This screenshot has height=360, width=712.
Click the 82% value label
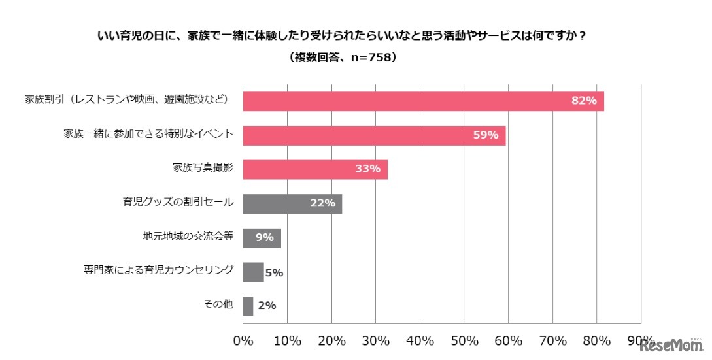[584, 101]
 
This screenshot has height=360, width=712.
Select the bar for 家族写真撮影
[315, 169]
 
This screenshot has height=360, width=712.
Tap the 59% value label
[486, 135]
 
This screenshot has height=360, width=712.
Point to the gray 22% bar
[292, 204]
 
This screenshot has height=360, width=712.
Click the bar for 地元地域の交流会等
[262, 238]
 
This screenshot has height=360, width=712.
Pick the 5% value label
[274, 272]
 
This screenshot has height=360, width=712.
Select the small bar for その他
[248, 306]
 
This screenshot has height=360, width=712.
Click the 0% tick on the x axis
[243, 341]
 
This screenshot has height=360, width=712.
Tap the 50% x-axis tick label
[464, 341]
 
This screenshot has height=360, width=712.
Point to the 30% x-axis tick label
[375, 341]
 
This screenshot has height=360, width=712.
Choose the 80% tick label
[596, 341]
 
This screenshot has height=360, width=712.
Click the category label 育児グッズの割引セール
[178, 203]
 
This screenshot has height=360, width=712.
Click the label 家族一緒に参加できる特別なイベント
[149, 135]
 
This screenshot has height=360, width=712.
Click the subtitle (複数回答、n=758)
[343, 57]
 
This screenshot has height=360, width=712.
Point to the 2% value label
[267, 306]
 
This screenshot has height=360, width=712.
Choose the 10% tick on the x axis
[287, 341]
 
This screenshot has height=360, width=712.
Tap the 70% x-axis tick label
[552, 341]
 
